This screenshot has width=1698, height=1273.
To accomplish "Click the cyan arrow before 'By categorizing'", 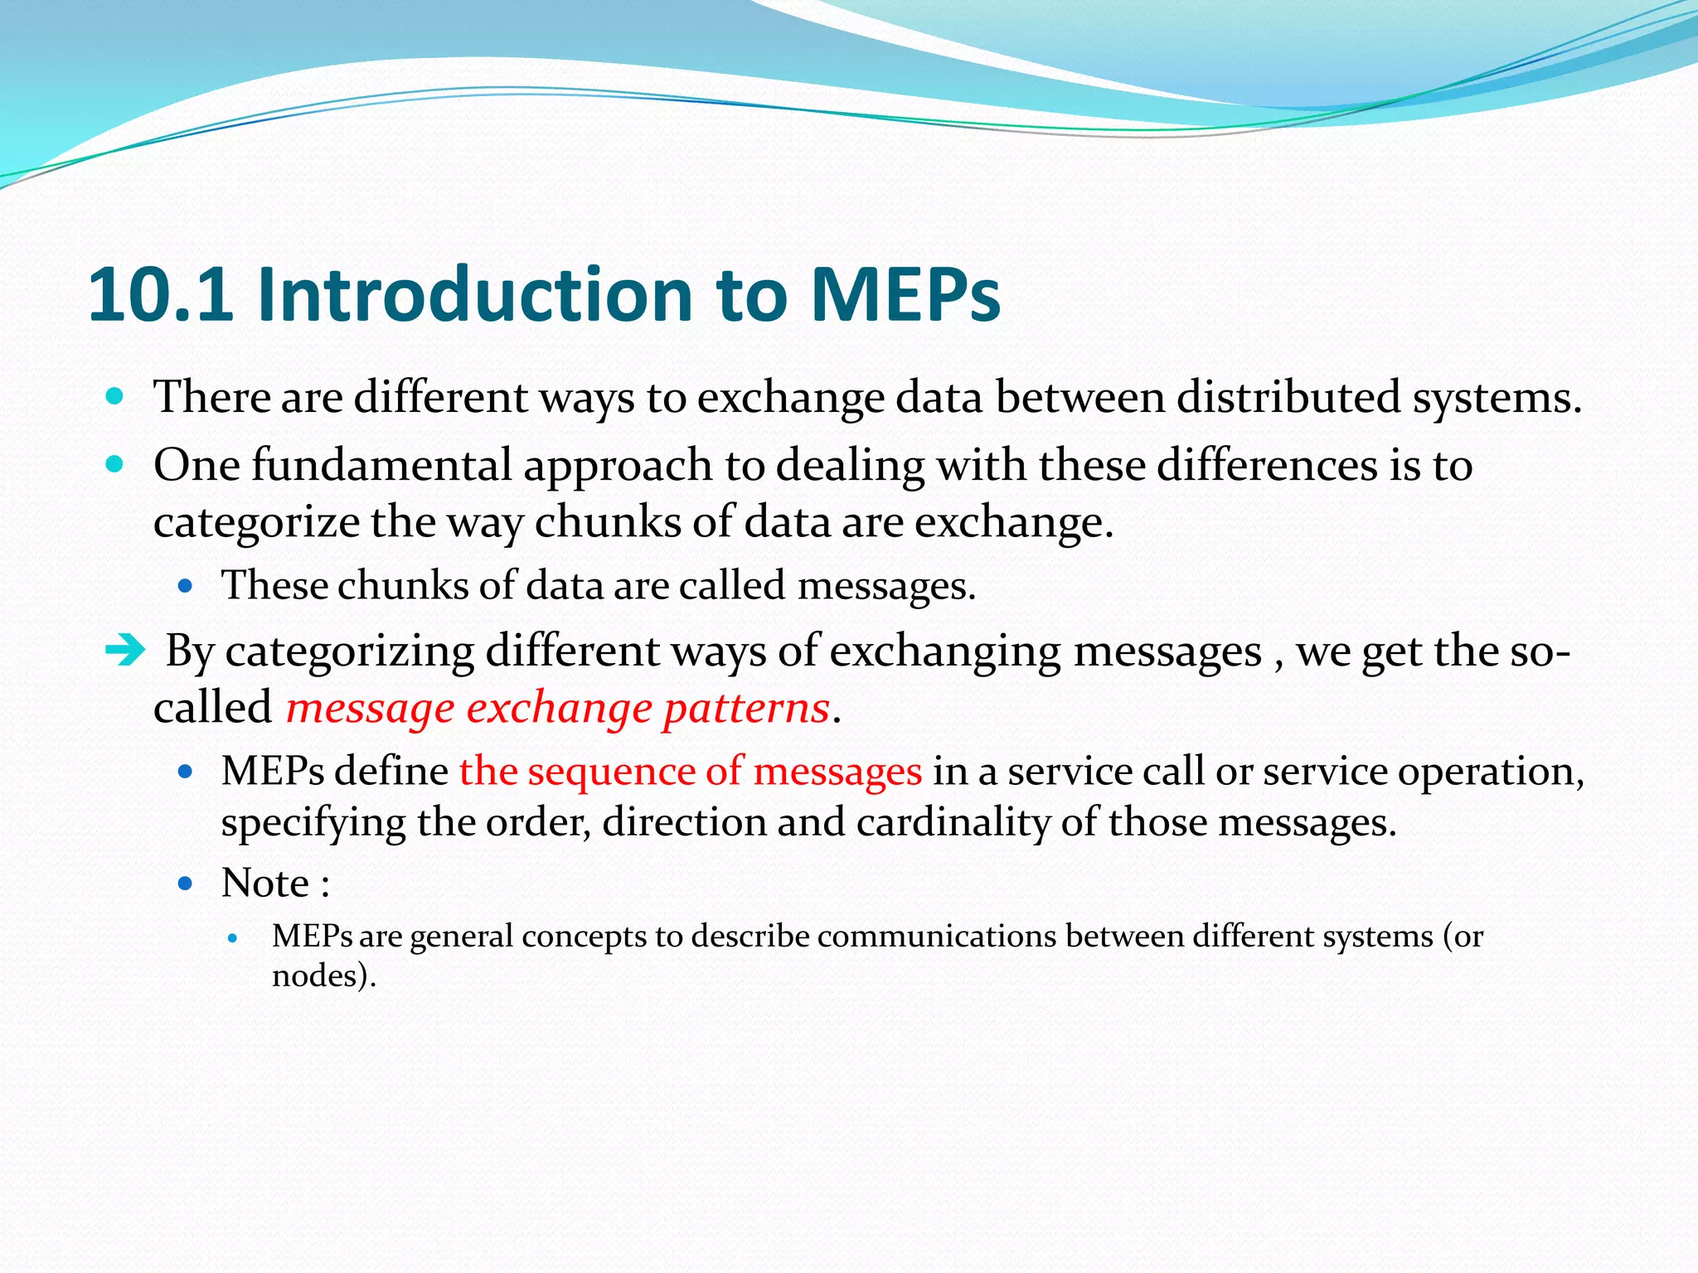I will pyautogui.click(x=125, y=651).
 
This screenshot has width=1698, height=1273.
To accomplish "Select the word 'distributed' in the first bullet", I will pyautogui.click(x=1288, y=397).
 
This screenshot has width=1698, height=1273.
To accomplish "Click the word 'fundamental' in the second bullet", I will pyautogui.click(x=381, y=465).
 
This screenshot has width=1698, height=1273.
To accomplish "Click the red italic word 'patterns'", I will pyautogui.click(x=745, y=708).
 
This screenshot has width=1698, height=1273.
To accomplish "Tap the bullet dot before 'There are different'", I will pyautogui.click(x=115, y=396).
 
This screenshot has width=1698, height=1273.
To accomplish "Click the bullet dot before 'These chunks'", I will pyautogui.click(x=185, y=586).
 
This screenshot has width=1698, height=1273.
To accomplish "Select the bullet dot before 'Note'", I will pyautogui.click(x=185, y=883).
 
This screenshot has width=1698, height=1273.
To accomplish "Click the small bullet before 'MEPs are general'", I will pyautogui.click(x=233, y=938).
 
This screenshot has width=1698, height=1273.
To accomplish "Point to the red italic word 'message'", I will pyautogui.click(x=370, y=708).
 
